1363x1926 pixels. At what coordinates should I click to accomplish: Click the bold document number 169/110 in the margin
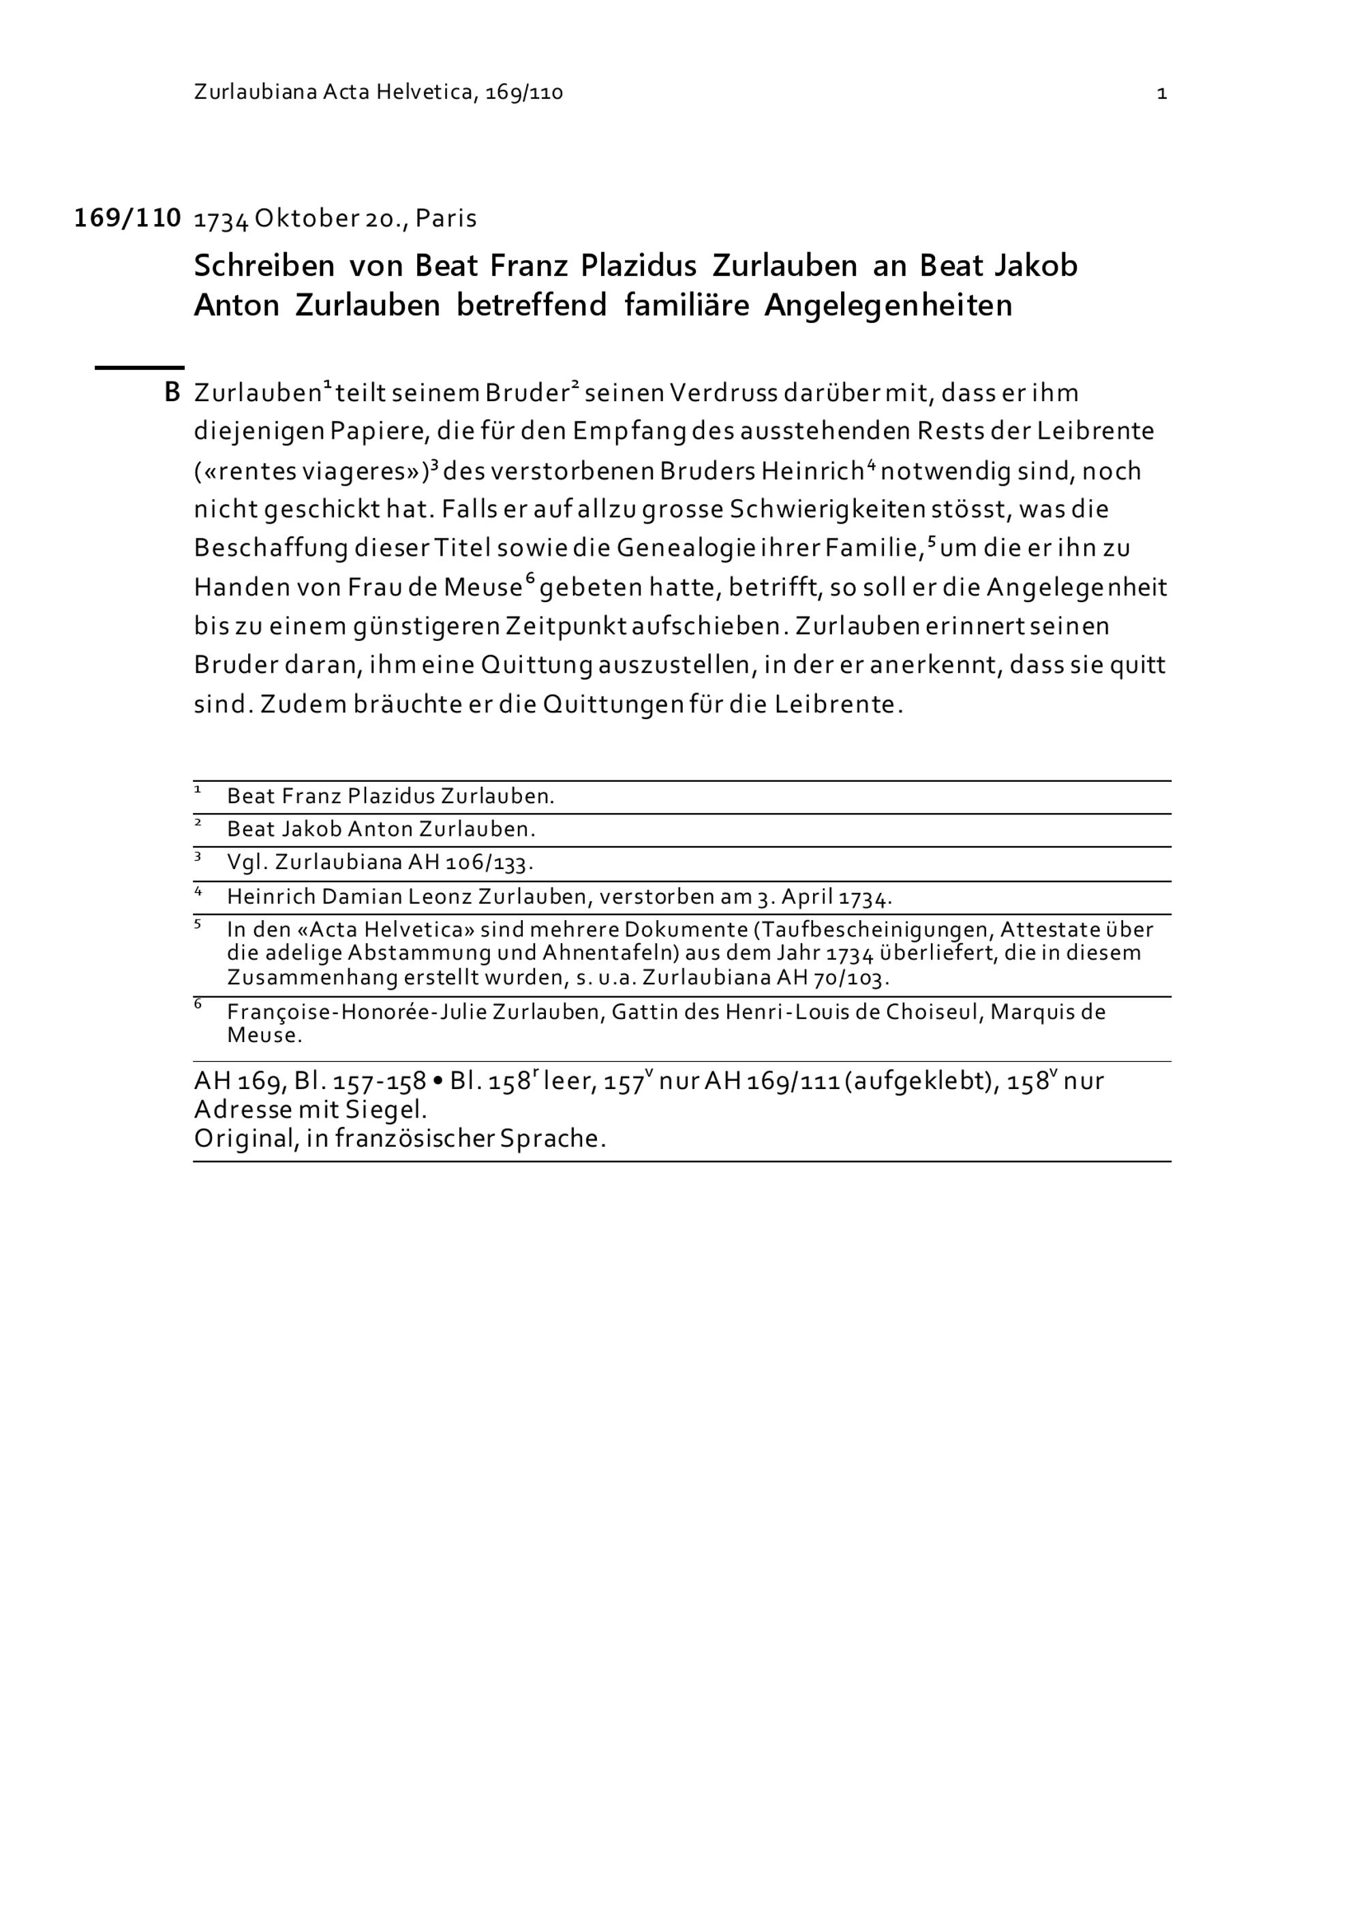[127, 218]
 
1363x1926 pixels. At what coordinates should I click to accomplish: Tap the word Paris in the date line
[446, 219]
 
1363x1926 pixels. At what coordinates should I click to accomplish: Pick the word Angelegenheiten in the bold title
[888, 305]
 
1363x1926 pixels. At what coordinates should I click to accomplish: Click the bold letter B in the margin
[172, 392]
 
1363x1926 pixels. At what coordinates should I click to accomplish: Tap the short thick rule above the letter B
[138, 367]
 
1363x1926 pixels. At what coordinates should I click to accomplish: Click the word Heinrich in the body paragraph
[812, 471]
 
